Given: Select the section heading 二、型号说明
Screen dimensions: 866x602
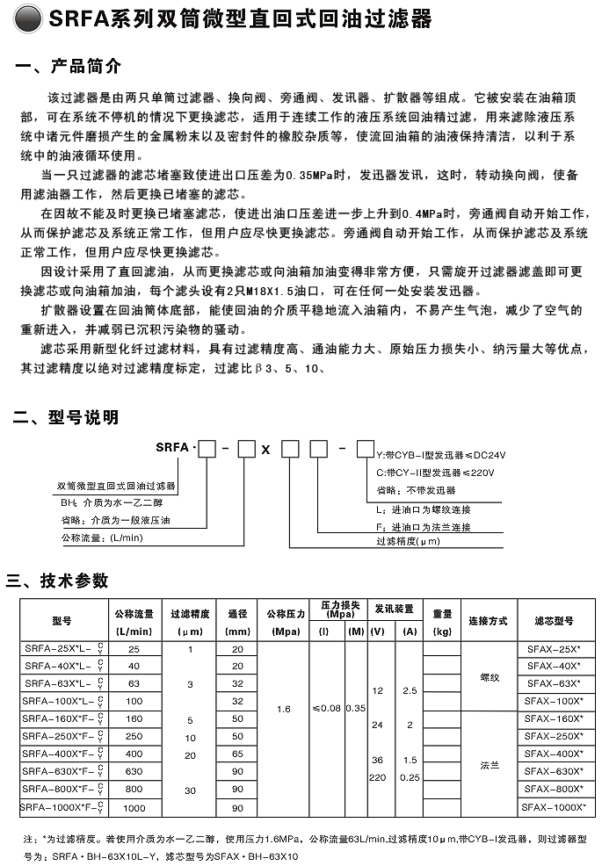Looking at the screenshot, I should click(x=65, y=417).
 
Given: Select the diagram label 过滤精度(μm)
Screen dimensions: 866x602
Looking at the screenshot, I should click(x=408, y=541).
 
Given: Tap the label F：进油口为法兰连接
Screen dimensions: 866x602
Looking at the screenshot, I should click(x=423, y=527).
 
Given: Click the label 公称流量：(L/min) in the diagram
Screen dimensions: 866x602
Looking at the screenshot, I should click(x=102, y=536).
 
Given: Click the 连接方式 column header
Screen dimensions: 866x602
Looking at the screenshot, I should click(x=488, y=620).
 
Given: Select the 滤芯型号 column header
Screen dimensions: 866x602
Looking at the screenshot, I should click(x=555, y=620).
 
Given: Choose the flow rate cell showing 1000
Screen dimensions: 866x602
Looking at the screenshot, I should click(x=134, y=807).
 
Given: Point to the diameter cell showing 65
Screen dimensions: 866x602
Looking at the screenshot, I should click(x=236, y=754).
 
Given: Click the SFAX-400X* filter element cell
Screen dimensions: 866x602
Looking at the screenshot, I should click(x=555, y=754).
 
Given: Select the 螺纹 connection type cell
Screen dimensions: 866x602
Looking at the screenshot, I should click(x=489, y=677).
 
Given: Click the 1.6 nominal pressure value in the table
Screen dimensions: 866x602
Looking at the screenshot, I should click(x=284, y=708).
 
